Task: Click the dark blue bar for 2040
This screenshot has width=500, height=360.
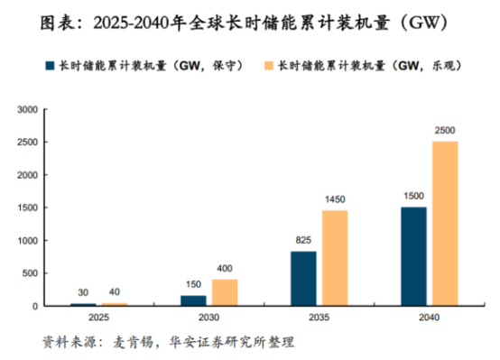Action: pos(413,256)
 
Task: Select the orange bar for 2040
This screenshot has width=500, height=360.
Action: pos(444,224)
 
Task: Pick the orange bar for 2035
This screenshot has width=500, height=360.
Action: pos(334,258)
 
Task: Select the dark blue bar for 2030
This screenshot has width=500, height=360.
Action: pos(193,300)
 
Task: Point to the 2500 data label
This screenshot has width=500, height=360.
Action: pos(444,132)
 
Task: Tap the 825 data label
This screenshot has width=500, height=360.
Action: pos(303,242)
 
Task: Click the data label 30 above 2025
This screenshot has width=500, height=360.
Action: pos(83,293)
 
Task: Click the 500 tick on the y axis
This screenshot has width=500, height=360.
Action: pos(29,273)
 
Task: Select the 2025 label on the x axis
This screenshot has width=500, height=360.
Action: pos(98,318)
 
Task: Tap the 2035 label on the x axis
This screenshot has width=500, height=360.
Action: pos(319,318)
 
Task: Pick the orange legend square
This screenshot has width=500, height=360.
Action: pos(270,66)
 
